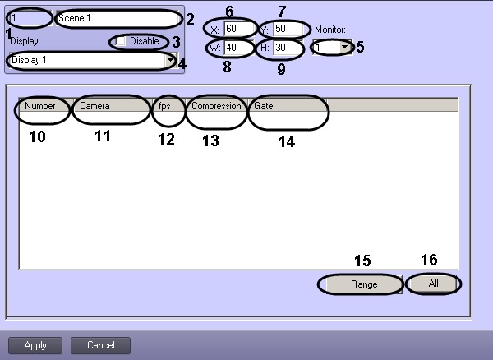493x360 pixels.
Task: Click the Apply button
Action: click(35, 345)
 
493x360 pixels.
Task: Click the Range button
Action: click(364, 284)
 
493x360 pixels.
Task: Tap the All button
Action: click(434, 284)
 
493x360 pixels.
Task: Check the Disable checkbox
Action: click(121, 41)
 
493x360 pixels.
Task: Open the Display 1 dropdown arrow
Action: click(170, 61)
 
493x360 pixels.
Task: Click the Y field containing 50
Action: click(289, 30)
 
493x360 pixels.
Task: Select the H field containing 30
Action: click(289, 48)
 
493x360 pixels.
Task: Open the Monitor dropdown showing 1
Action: click(344, 48)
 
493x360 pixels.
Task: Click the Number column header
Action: click(40, 107)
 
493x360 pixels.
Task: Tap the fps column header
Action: click(166, 107)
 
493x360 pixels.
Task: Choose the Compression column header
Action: click(216, 107)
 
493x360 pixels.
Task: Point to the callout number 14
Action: click(286, 141)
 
